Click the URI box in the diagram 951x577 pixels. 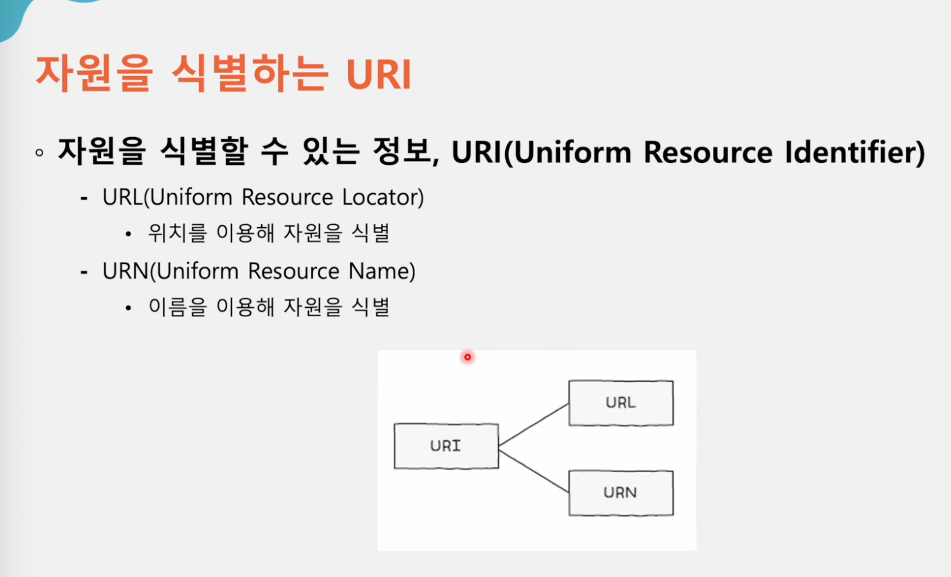[446, 446]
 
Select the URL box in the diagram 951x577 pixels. [621, 402]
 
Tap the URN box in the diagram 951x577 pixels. [621, 493]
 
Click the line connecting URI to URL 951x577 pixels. [533, 424]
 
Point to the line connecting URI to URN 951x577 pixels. [533, 471]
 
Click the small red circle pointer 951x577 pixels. [467, 357]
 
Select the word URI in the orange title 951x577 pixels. [379, 74]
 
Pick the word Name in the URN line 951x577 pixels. [382, 271]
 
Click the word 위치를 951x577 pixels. [177, 233]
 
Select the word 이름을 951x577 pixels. [178, 307]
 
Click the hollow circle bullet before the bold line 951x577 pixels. [39, 153]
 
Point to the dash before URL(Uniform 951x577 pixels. [84, 198]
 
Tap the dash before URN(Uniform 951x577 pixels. [84, 272]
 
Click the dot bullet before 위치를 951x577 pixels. [128, 234]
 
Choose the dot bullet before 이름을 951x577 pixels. [128, 308]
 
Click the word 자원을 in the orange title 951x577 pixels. [94, 73]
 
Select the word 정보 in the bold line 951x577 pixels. [405, 152]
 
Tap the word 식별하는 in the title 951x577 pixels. [250, 73]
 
